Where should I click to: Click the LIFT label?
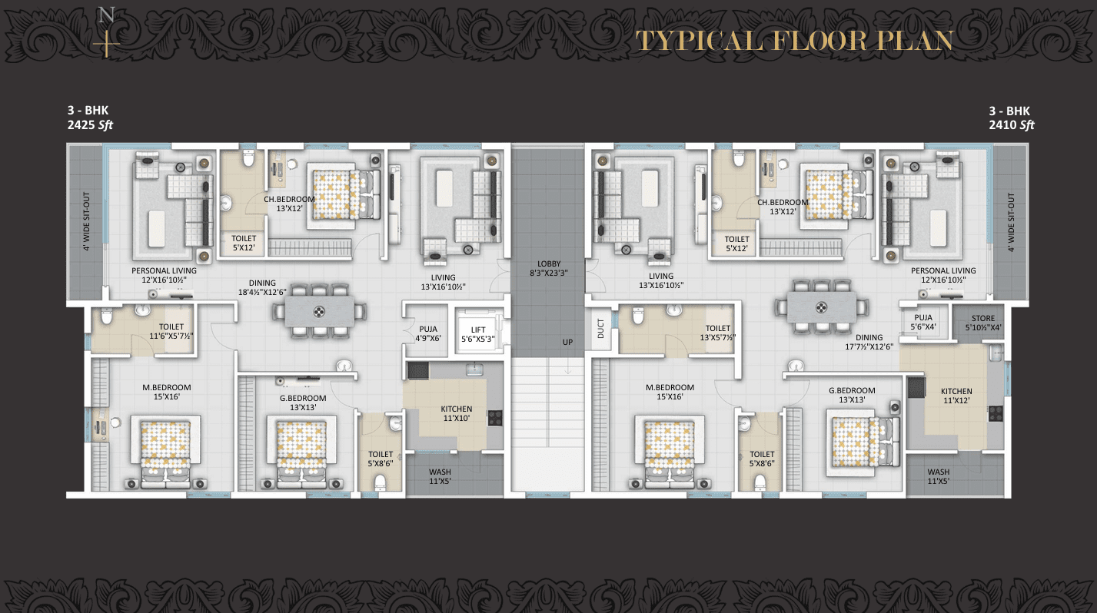pos(478,330)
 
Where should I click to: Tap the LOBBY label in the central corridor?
pos(548,264)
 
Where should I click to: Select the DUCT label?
pos(600,329)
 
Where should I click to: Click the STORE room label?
pos(982,318)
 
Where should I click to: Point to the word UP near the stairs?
pos(567,342)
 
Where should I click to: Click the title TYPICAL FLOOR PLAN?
pos(794,41)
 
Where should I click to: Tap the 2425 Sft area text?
pos(91,124)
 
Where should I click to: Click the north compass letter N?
pos(107,15)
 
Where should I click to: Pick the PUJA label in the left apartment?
pos(427,330)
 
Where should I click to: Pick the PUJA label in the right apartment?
pos(923,317)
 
